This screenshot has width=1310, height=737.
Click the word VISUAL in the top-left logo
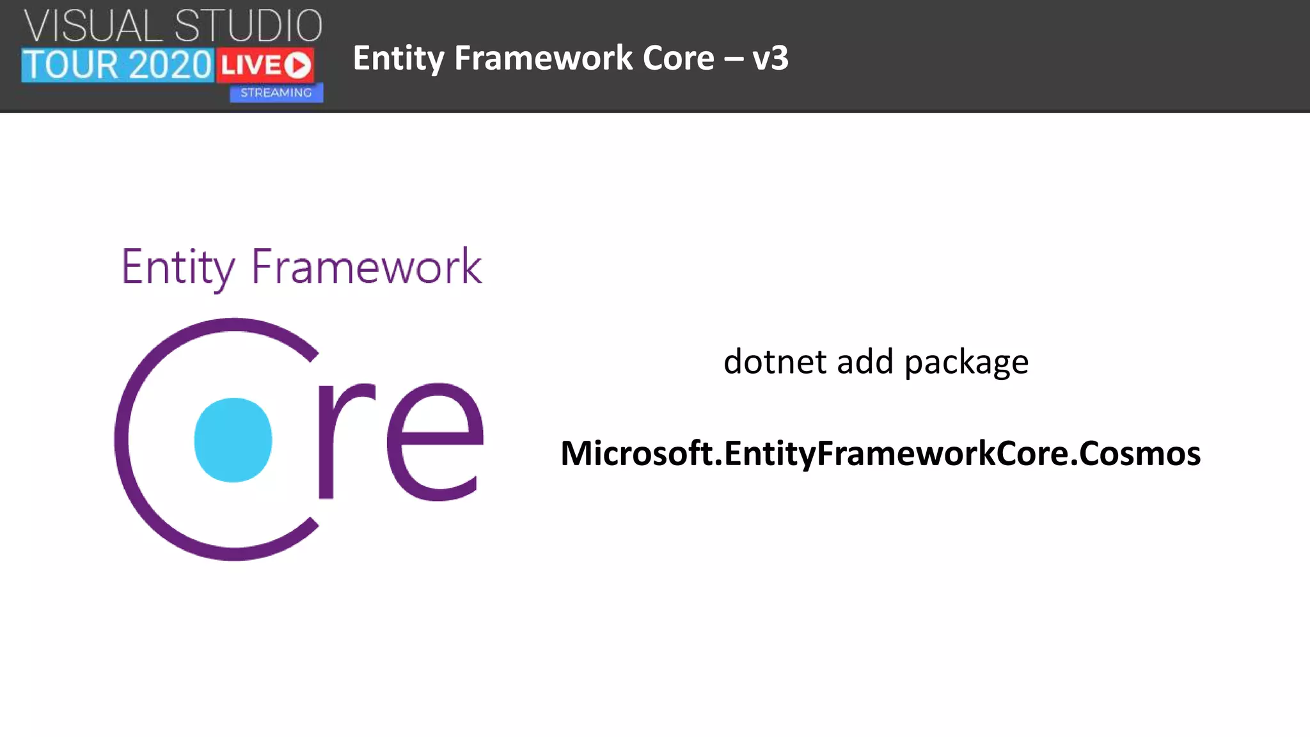(93, 27)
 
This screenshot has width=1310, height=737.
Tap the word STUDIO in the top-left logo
(248, 27)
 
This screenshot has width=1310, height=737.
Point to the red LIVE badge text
(251, 65)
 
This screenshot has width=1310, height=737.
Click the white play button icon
(297, 65)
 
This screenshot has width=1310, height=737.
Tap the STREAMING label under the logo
(276, 93)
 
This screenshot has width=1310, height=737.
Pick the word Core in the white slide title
(678, 58)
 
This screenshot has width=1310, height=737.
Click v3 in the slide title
(770, 58)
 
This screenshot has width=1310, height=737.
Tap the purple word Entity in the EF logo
(178, 267)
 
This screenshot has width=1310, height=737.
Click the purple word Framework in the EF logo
(366, 267)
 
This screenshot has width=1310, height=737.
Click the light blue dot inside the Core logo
(233, 440)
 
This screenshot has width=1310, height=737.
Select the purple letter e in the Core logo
(435, 441)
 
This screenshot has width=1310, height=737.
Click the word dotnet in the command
(775, 361)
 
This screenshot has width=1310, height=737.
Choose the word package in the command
(966, 363)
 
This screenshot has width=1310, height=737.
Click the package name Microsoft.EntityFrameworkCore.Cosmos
(880, 453)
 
